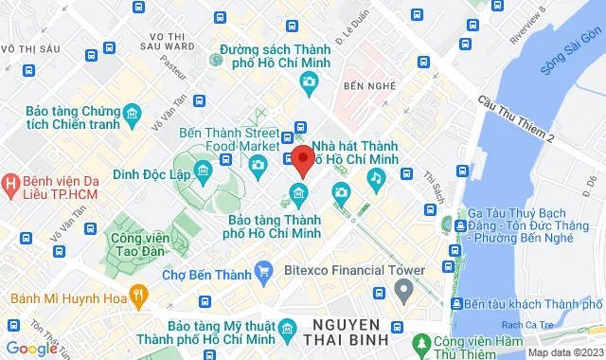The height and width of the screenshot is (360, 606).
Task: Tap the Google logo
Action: pos(32,349)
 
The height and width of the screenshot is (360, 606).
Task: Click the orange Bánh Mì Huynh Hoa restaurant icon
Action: pos(137,293)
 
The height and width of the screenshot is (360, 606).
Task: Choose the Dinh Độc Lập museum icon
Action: pos(203,171)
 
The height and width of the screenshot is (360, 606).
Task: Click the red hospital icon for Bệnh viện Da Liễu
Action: pos(10,181)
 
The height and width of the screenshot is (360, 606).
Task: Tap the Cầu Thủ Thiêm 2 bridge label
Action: pos(515,120)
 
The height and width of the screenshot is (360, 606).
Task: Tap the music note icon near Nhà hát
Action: pos(377,176)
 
